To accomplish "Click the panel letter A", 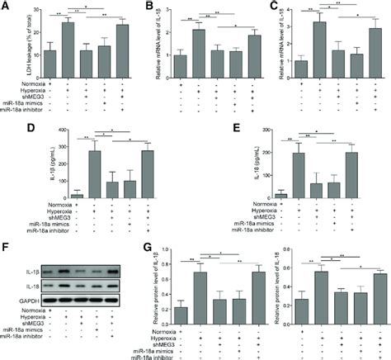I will pos(6,7).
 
